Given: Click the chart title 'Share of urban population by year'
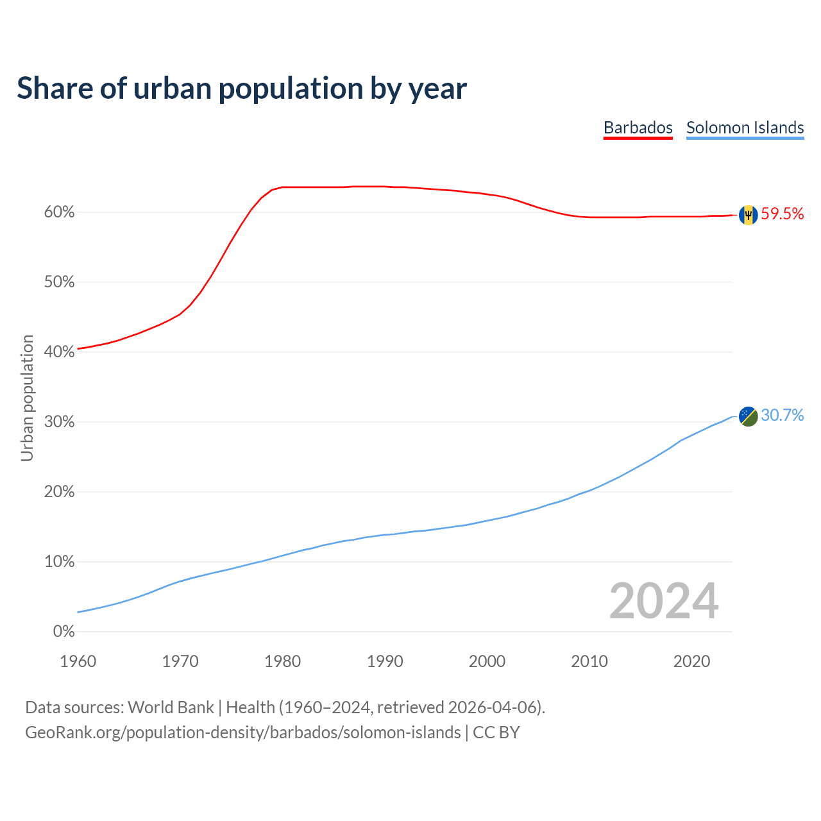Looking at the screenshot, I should point(242,89).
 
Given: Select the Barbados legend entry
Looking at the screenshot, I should point(638,128).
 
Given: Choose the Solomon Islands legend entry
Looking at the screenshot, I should point(745,128).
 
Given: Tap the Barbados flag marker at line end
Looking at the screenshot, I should point(748,215).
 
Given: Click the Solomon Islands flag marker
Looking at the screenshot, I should point(748,416).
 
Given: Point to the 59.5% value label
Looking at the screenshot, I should point(783,214).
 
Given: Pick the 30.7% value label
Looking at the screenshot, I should point(783,416).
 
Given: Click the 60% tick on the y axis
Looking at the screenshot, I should point(59,212).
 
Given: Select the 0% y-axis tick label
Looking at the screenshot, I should point(63,632).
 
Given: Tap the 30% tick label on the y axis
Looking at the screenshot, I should point(59,422).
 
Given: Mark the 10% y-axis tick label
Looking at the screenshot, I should point(59,562).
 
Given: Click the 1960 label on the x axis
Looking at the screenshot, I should point(78,661).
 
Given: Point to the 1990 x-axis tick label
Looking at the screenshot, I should point(385,661).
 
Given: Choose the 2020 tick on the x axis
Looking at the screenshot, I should point(691,661).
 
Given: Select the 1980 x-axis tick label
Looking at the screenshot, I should point(283,661).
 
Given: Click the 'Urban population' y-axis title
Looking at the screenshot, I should point(27,398).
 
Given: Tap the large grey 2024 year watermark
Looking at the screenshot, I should point(664,601).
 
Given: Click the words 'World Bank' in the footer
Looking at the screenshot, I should point(171,707).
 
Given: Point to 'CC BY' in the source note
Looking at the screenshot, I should point(496,732).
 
